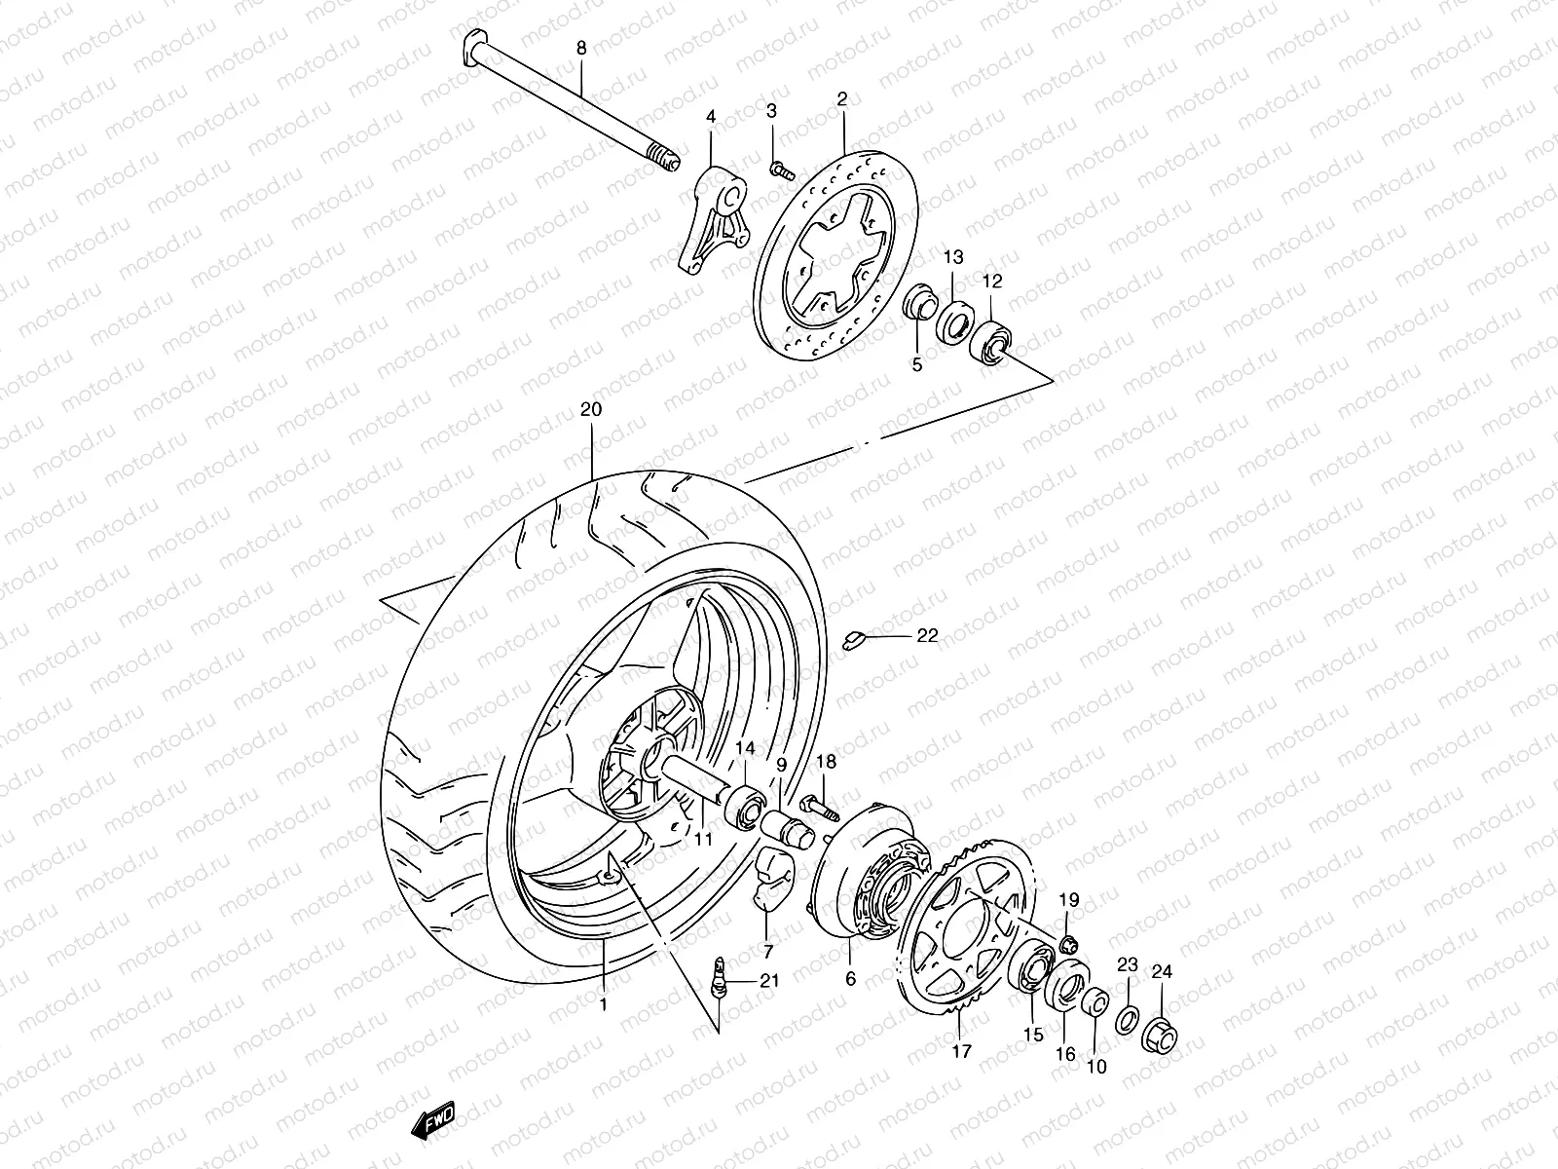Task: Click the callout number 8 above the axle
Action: (581, 47)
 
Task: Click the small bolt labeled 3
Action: (779, 170)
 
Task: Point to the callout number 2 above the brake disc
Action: (842, 98)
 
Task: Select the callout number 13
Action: (953, 257)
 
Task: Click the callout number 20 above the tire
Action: (592, 410)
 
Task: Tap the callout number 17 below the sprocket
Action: (961, 1051)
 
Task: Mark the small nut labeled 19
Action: (1068, 942)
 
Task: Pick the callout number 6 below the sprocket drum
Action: (850, 979)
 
